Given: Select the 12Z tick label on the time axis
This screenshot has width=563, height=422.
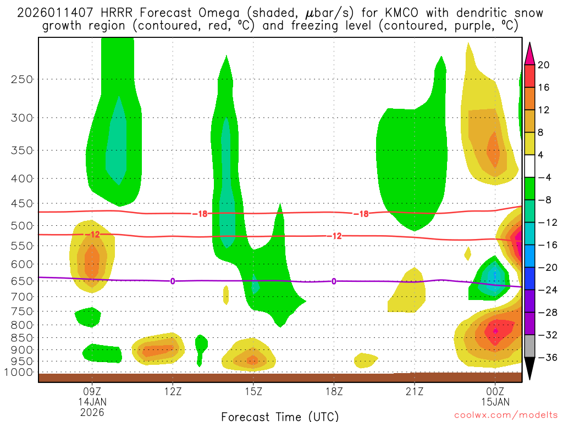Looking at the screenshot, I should pos(173,392).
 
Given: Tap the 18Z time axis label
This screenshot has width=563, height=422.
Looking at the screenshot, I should pos(334,392).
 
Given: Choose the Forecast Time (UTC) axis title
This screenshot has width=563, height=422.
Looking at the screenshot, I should pos(280,416).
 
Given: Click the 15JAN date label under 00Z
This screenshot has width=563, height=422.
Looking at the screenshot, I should pos(495,402).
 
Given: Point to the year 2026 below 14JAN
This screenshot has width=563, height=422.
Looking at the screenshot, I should pos(92,412).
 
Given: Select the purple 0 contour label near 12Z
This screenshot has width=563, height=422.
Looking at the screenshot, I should pos(173,281).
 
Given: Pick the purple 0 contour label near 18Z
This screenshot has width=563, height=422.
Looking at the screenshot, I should pos(334,281).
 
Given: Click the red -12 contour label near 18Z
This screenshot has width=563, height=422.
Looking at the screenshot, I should pos(335,236).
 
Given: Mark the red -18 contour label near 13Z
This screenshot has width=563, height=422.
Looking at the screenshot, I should pos(200,214).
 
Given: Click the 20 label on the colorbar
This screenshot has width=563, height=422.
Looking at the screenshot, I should pos(543,65).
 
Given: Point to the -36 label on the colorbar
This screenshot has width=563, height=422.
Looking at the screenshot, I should pos(545,357).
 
